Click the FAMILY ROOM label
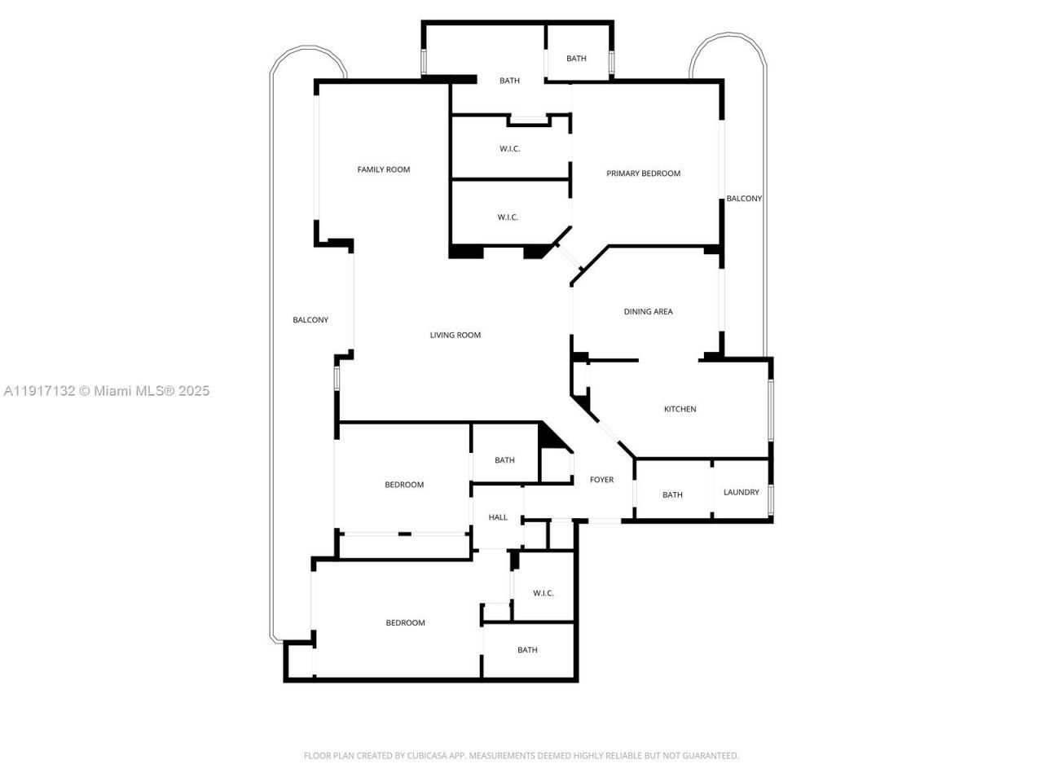[x=383, y=169]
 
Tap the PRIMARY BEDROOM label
[x=643, y=174]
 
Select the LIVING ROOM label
[x=455, y=335]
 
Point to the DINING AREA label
[x=648, y=311]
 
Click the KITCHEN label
[x=680, y=409]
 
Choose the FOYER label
[x=601, y=480]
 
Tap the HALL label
[x=498, y=517]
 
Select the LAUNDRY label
[x=741, y=492]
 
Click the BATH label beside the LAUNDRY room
[x=672, y=495]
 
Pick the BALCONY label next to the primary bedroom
[x=744, y=199]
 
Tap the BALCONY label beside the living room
[x=310, y=320]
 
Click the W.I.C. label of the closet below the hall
[x=544, y=593]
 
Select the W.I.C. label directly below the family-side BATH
[x=510, y=149]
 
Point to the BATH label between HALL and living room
[x=504, y=460]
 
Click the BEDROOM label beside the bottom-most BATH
[x=405, y=623]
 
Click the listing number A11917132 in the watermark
[x=40, y=391]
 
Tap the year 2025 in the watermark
[x=194, y=391]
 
